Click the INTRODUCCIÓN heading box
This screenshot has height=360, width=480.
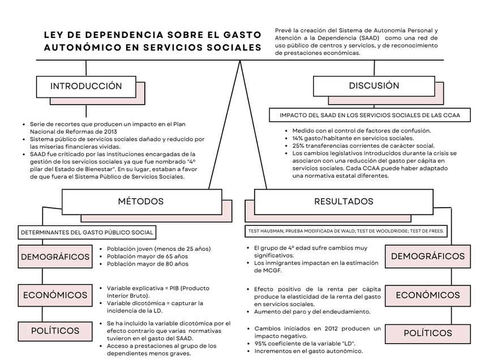tap(86, 87)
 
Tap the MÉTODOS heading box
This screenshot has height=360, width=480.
tap(141, 202)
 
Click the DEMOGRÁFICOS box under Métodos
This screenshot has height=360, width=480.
tap(55, 256)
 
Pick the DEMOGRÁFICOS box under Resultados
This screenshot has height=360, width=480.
tap(427, 256)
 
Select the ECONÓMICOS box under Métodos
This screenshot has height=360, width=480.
tap(55, 295)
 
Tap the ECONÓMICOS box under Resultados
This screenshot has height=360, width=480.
tap(427, 295)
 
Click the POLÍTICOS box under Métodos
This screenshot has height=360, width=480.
tap(55, 331)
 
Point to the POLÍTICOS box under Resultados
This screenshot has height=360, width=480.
tap(427, 333)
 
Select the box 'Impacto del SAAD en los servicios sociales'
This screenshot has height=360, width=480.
tap(370, 115)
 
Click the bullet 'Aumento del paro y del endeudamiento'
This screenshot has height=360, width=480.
tap(312, 312)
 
